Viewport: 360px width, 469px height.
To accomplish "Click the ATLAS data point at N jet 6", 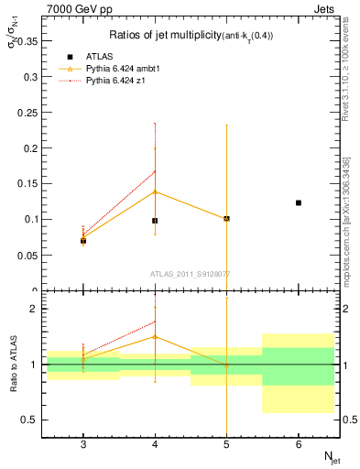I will coord(299,202).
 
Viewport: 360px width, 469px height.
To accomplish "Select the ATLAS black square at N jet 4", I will coord(155,221).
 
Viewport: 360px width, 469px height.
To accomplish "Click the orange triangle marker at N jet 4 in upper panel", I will coord(155,191).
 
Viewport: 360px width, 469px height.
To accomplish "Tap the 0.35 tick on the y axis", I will coord(26,41).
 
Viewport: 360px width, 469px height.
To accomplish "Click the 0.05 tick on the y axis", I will coord(26,255).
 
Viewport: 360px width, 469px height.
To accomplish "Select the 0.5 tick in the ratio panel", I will coord(28,420).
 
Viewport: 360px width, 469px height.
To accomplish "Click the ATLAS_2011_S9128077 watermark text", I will coord(191,273).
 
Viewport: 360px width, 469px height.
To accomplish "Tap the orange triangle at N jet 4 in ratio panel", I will coord(155,336).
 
